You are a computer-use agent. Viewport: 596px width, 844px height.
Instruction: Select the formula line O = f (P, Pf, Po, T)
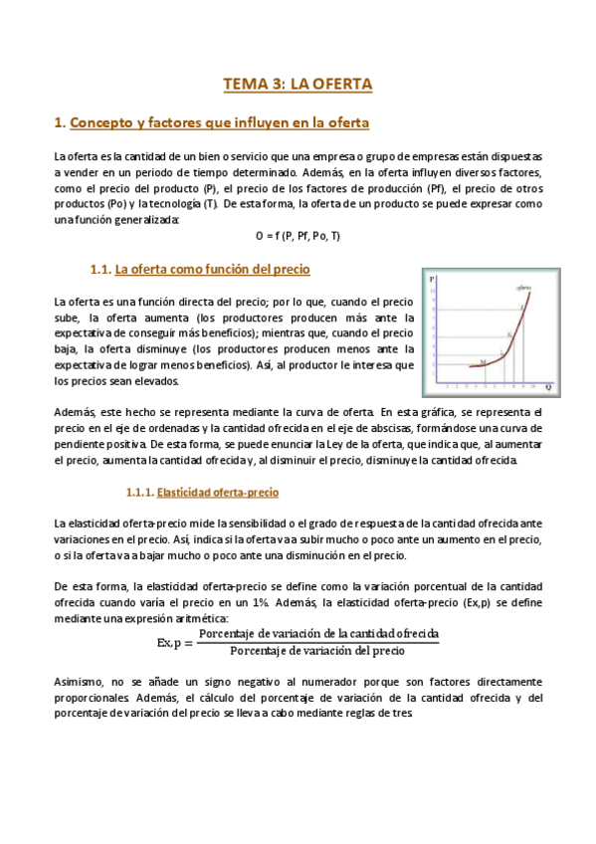(x=298, y=236)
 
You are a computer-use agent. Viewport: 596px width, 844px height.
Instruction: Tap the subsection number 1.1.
(x=100, y=270)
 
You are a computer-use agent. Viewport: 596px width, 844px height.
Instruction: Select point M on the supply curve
(x=482, y=361)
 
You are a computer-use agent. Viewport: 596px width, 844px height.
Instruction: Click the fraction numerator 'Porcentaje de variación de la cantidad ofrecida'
(x=318, y=634)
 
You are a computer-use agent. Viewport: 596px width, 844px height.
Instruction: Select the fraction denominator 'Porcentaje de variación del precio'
(x=317, y=652)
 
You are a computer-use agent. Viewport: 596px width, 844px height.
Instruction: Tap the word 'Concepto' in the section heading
(x=104, y=123)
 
